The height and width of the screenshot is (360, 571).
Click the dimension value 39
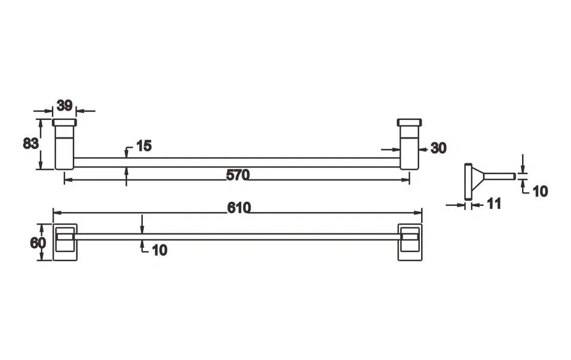click(x=65, y=106)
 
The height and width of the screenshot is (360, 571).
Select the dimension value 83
click(x=30, y=143)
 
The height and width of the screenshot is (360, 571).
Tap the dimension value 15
click(x=144, y=146)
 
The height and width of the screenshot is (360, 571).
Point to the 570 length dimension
click(x=238, y=175)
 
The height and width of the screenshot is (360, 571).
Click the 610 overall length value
click(x=240, y=208)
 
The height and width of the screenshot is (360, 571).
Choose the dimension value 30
click(x=438, y=148)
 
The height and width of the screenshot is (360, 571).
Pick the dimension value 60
click(x=38, y=243)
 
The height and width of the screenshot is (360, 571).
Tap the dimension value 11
click(x=494, y=204)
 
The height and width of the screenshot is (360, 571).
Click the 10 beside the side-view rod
click(x=540, y=191)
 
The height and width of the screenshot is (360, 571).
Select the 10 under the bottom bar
click(x=159, y=250)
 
